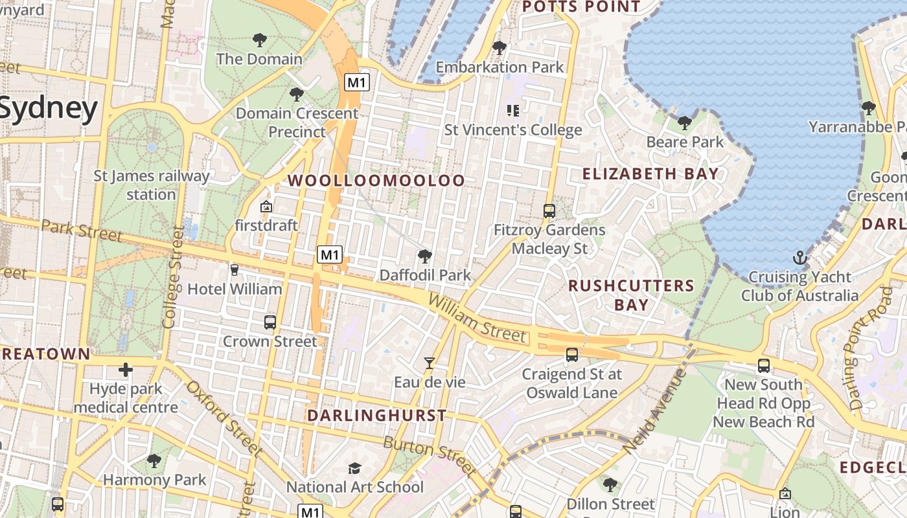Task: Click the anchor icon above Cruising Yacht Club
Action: click(x=799, y=257)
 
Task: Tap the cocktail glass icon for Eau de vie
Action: click(x=429, y=363)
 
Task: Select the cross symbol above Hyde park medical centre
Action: click(x=126, y=370)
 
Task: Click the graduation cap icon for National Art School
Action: click(x=354, y=468)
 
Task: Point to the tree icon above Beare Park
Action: click(x=684, y=122)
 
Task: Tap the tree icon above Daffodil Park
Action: click(x=425, y=256)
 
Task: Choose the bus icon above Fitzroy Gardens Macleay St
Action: click(x=549, y=210)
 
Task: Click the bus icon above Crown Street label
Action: click(x=270, y=322)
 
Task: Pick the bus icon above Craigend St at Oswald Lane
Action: click(x=572, y=355)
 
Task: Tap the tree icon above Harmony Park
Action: click(x=154, y=460)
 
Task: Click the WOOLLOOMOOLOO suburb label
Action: click(x=376, y=181)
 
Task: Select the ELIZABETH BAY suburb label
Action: click(x=650, y=174)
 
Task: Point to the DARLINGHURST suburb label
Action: click(x=376, y=415)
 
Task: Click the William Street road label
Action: click(x=477, y=317)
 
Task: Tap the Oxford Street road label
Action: click(x=224, y=418)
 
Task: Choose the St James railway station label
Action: click(x=152, y=185)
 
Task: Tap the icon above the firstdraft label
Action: click(x=266, y=207)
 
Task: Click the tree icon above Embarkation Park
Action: click(x=499, y=47)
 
